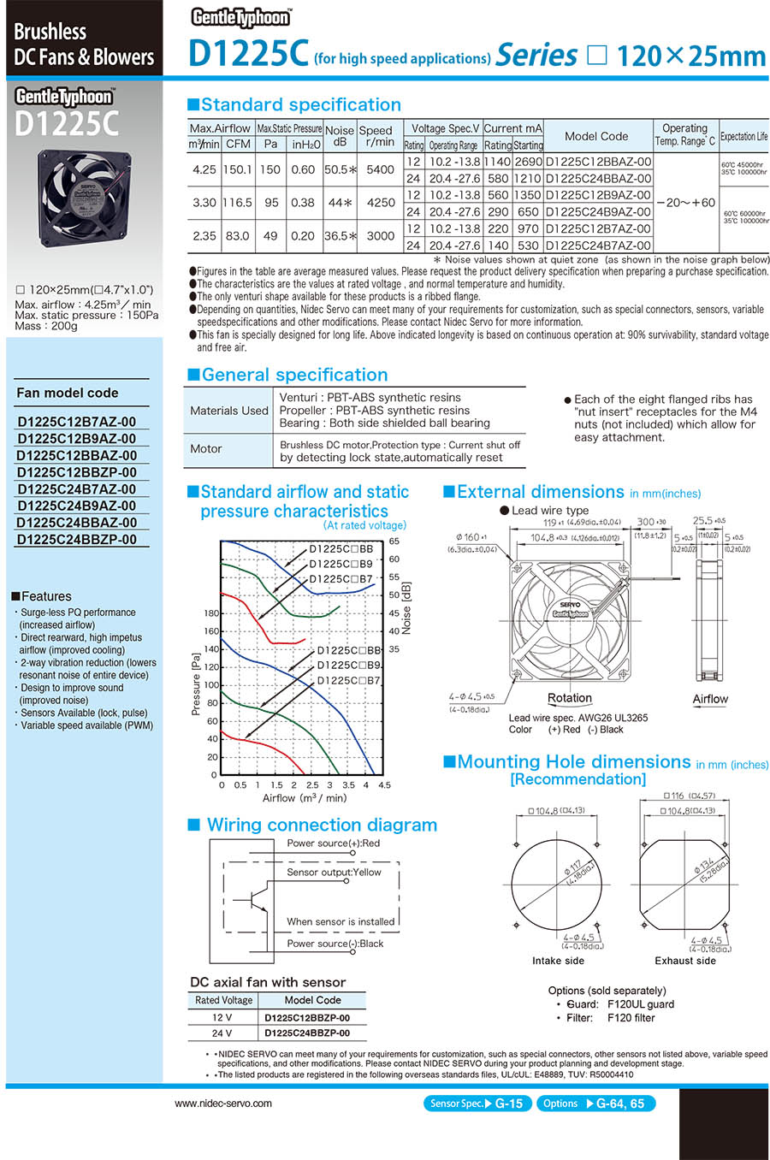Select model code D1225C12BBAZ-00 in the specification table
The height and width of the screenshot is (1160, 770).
(598, 162)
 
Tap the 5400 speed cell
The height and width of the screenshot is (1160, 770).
(381, 169)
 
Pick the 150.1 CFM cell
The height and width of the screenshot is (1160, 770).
(237, 169)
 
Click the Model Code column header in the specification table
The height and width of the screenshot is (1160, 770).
(596, 136)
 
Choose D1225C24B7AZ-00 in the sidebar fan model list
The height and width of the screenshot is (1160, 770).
(77, 489)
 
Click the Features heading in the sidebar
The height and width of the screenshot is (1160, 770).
(46, 596)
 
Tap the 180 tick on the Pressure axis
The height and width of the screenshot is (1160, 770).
(211, 613)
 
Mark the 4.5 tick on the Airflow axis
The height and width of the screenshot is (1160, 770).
(384, 784)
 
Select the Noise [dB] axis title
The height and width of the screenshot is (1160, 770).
(406, 608)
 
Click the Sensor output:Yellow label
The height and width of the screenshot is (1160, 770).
(334, 873)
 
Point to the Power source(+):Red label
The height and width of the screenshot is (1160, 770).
(333, 843)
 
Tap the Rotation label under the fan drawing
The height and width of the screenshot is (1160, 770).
(569, 698)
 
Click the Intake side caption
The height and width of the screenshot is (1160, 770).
(558, 961)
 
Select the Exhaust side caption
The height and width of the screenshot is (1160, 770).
(684, 961)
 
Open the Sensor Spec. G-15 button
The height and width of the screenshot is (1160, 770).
(476, 1104)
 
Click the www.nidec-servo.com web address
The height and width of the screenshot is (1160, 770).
(223, 1104)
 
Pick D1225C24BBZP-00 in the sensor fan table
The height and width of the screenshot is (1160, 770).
(307, 1033)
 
